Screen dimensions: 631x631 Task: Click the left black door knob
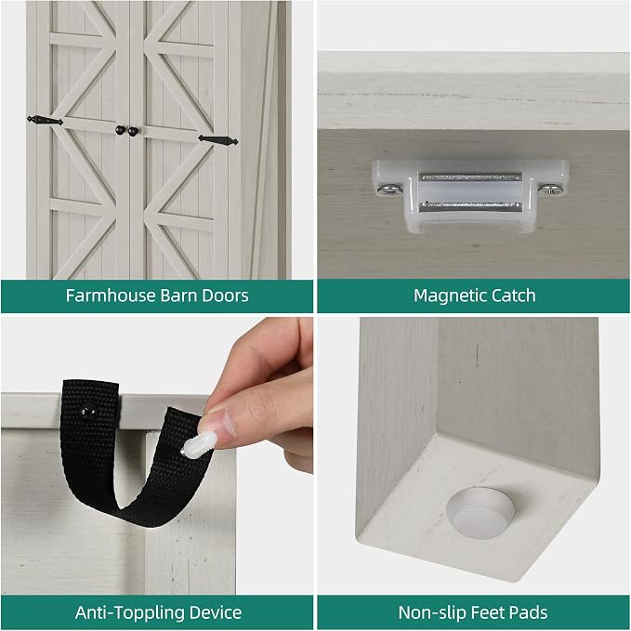click(120, 130)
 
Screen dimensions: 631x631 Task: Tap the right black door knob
click(133, 131)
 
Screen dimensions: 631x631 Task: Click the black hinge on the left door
click(45, 120)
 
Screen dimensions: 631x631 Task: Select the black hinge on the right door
click(218, 140)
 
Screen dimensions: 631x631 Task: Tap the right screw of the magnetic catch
click(550, 189)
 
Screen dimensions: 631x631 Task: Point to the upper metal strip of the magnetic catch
click(470, 177)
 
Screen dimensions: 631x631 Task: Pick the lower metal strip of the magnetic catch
click(470, 206)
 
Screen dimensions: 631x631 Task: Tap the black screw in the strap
click(87, 412)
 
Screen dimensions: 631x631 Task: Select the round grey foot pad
click(480, 512)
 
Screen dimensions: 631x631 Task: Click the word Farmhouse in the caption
click(111, 296)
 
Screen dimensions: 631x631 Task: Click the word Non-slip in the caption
click(432, 612)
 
